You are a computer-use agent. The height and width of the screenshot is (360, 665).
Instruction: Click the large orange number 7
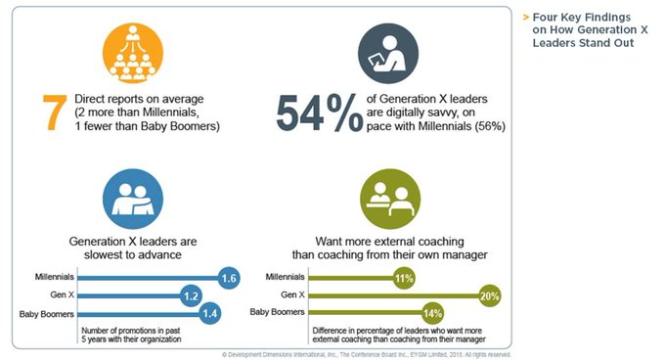point(55,112)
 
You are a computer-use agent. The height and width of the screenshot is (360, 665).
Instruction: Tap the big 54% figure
point(320,112)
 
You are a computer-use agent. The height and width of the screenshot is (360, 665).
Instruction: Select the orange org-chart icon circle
point(133,54)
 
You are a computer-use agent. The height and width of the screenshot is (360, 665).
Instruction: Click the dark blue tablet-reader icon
point(388,54)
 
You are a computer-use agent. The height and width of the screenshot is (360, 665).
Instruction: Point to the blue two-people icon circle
point(133,199)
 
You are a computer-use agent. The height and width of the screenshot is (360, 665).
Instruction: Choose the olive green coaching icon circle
point(390,199)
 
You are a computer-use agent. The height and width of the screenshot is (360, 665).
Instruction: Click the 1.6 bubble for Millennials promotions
point(229,278)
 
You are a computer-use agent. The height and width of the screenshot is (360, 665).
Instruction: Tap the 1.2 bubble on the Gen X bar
point(191,296)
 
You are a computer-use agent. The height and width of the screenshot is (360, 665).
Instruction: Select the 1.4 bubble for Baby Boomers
point(210,314)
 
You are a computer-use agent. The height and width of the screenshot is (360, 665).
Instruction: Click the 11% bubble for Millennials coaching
point(404,278)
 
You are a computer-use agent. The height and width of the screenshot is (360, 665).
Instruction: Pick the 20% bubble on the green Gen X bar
point(489,296)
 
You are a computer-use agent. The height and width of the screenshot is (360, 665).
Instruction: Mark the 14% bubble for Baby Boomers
point(432,314)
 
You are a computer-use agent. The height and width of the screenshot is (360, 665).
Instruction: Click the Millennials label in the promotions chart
point(55,277)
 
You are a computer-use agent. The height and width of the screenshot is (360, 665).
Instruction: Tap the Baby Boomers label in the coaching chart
point(278,312)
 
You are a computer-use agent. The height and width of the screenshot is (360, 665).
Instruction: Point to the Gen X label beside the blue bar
point(62,294)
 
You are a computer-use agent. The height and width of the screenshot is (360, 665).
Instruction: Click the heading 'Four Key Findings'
point(582,18)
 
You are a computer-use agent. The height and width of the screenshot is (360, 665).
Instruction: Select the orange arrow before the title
point(526,18)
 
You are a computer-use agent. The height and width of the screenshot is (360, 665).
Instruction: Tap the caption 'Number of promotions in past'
point(131,331)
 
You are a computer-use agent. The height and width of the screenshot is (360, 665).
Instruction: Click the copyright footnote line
point(367,354)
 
